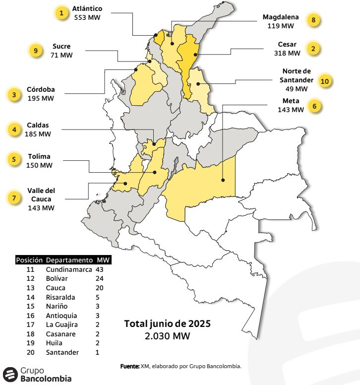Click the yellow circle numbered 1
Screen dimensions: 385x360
61,13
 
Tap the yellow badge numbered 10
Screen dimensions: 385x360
325,81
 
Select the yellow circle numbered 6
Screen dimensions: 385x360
315,106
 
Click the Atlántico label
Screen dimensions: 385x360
87,9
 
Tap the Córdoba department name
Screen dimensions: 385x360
41,90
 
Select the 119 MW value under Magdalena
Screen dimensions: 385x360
281,25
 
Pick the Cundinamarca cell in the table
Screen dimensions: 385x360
69,269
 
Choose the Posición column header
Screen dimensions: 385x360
29,260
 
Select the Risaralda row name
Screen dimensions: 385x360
61,297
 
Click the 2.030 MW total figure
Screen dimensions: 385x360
167,336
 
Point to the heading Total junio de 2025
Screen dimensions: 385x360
167,324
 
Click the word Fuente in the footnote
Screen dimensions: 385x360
129,366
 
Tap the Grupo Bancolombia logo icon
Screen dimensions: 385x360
10,375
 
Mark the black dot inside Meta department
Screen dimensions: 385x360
223,180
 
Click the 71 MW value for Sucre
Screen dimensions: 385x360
61,55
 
